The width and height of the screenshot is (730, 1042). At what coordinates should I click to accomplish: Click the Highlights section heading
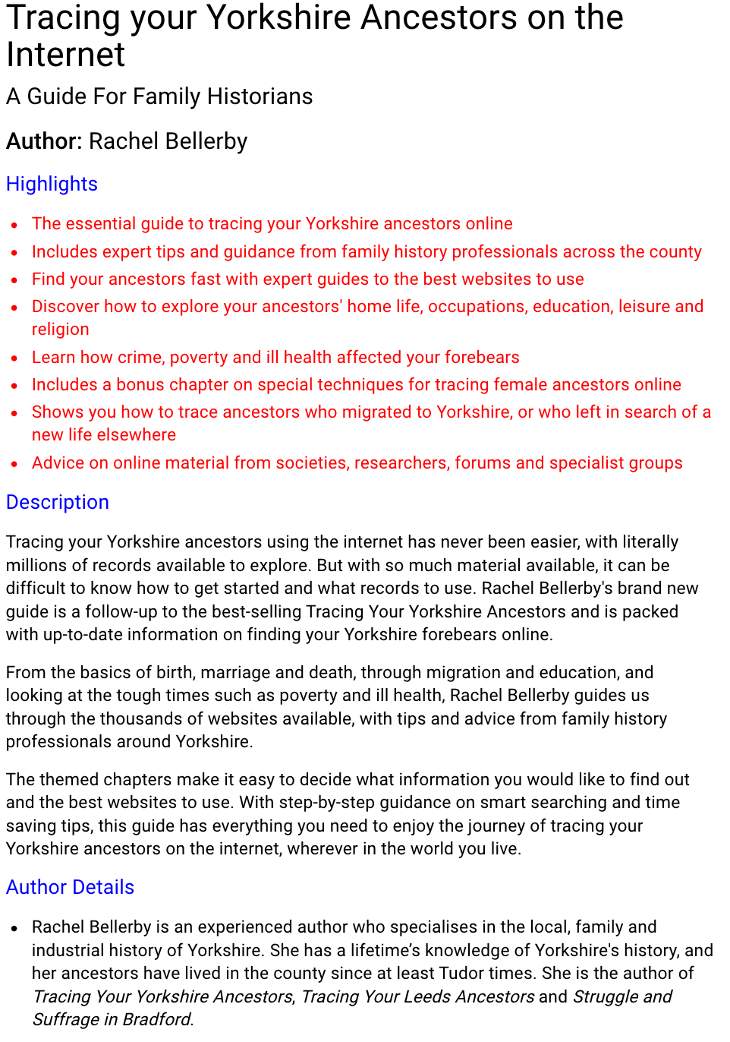point(52,184)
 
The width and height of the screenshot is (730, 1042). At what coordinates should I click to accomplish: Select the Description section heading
point(58,502)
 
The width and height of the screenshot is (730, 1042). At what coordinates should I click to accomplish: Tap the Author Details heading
point(70,887)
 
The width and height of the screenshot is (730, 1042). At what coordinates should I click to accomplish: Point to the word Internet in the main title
point(65,55)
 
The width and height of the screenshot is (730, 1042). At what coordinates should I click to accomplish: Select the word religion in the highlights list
point(61,329)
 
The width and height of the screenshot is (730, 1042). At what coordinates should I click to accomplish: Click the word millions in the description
point(37,565)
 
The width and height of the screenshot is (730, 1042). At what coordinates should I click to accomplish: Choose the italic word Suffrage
point(65,1019)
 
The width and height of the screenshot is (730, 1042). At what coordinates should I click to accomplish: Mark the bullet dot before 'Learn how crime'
point(14,358)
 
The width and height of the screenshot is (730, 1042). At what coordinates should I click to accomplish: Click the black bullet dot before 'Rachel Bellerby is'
point(14,928)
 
